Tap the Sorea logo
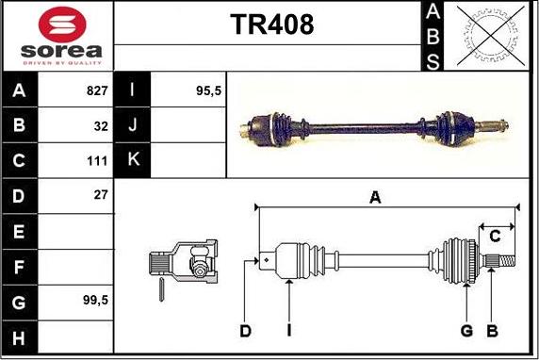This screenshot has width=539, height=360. pos(58,35)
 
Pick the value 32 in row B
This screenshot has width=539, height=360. pos(100,124)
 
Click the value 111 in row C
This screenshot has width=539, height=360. pos(97,160)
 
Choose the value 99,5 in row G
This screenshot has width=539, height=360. pos(93,300)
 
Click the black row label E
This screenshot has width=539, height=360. pos(20,231)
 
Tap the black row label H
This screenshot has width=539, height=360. pos(20,336)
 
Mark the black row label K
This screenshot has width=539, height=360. pos(133,159)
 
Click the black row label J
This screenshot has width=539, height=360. pos(133,124)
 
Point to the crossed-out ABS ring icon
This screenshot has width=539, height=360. pos(490,37)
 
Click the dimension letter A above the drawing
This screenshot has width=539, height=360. pos(375,197)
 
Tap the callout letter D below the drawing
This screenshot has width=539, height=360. pos(245,330)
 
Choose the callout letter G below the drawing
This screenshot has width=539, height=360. pos(465,330)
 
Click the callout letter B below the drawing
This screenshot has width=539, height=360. pos(491,330)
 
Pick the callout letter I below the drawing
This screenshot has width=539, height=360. pos(289,330)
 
